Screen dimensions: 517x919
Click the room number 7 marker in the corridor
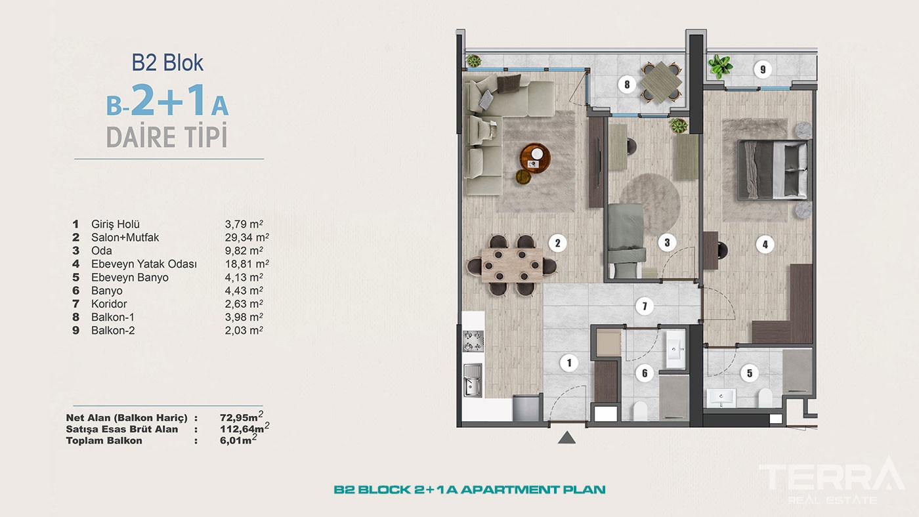(x=645, y=306)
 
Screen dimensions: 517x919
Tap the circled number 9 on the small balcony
(x=762, y=69)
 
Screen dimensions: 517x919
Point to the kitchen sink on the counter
(x=473, y=380)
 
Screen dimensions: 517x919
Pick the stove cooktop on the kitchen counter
(x=473, y=341)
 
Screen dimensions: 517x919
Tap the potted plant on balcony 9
(x=720, y=66)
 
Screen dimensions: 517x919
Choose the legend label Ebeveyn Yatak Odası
(x=144, y=264)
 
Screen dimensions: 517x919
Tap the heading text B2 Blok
(x=167, y=62)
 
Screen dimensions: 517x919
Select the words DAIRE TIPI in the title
(x=167, y=138)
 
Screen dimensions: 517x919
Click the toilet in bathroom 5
(x=764, y=398)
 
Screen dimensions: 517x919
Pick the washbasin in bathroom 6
(x=674, y=348)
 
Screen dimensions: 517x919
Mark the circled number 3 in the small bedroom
(x=666, y=243)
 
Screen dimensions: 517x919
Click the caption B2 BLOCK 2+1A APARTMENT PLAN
(x=469, y=489)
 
